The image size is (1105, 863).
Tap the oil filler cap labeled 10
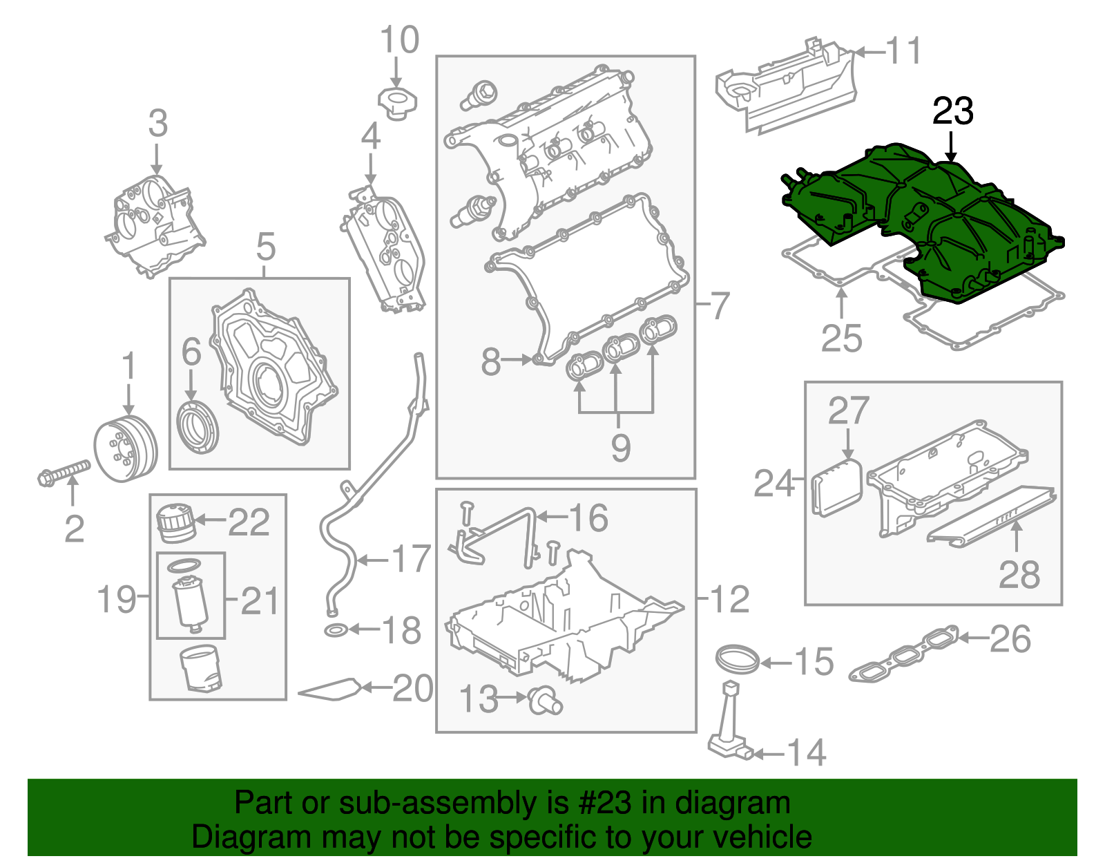pyautogui.click(x=396, y=102)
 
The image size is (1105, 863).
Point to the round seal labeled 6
pyautogui.click(x=198, y=426)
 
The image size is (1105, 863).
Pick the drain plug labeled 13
pyautogui.click(x=545, y=701)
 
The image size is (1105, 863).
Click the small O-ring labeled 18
pyautogui.click(x=336, y=630)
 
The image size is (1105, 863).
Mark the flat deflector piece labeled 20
pyautogui.click(x=331, y=690)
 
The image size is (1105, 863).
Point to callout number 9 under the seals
pyautogui.click(x=620, y=448)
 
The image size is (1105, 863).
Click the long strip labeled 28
pyautogui.click(x=992, y=516)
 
